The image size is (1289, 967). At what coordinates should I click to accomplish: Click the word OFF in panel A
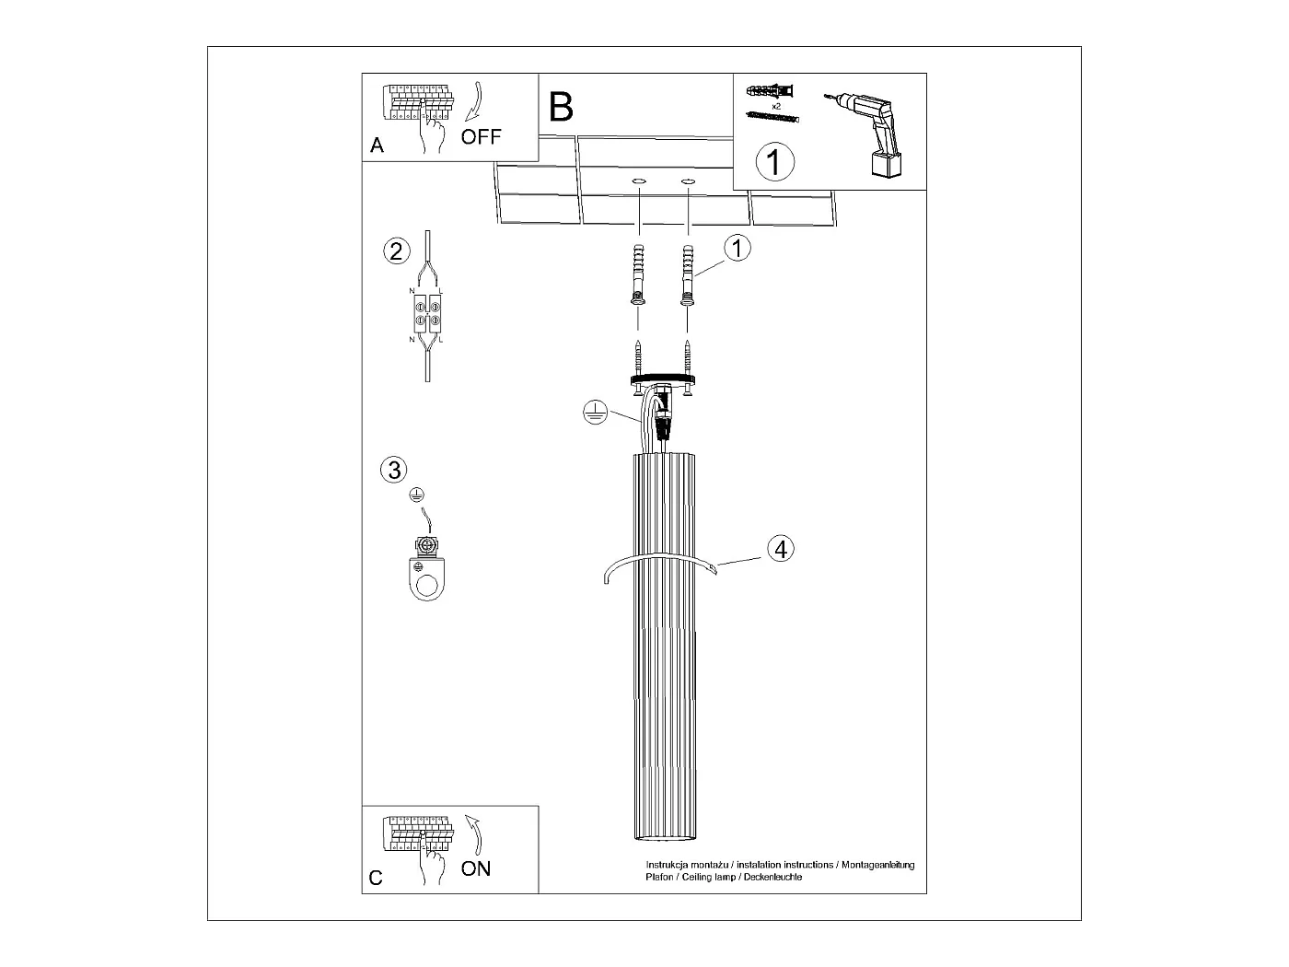(481, 137)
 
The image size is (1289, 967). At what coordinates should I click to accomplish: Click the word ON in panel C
(476, 868)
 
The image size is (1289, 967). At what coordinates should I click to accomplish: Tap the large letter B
(561, 108)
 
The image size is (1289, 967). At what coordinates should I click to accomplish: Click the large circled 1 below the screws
(774, 162)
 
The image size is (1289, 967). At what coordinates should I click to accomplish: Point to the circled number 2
(396, 250)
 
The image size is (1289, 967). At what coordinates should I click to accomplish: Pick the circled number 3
(393, 470)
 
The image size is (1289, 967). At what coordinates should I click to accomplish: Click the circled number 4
(780, 549)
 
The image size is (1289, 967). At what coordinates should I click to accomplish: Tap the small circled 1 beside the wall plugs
(737, 248)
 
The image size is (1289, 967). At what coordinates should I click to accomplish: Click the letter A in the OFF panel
(377, 146)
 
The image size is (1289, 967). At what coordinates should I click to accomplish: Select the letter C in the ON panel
(376, 878)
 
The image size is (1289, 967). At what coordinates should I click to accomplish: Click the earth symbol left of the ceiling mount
(596, 414)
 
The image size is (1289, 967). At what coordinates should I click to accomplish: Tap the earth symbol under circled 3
(417, 495)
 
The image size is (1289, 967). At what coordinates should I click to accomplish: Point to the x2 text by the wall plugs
(776, 107)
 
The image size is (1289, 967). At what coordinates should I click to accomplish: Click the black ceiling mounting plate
(662, 378)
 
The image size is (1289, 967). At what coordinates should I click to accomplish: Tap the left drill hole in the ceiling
(638, 181)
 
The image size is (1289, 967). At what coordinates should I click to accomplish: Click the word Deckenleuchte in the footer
(774, 878)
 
